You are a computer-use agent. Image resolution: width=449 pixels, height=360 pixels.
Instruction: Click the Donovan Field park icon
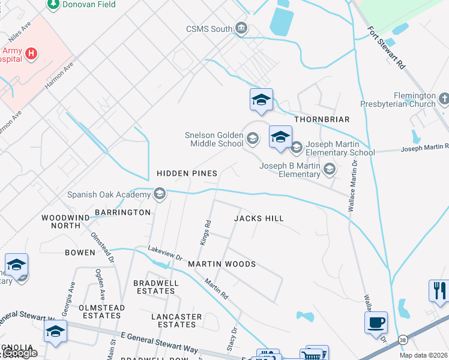tap(53, 4)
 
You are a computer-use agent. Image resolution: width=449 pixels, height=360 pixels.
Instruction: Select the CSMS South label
tap(209, 29)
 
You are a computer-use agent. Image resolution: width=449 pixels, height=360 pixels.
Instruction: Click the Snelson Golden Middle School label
tap(214, 140)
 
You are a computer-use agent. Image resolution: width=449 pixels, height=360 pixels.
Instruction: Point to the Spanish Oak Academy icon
tap(159, 194)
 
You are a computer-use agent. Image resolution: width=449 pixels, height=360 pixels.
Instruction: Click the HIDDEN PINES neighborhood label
tap(187, 173)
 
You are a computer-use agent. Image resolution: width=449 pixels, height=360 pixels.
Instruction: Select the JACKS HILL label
tap(258, 219)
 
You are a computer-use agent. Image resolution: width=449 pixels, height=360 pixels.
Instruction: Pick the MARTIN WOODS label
tap(221, 264)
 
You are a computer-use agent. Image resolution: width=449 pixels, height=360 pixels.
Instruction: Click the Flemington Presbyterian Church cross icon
tap(444, 98)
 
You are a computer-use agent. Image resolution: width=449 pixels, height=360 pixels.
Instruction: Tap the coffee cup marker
tap(376, 323)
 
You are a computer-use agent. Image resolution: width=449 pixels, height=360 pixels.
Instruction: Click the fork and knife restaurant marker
tap(439, 290)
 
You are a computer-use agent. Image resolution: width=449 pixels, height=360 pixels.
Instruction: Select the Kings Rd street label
tap(206, 232)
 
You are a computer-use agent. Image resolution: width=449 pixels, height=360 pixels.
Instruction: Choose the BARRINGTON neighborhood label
tap(122, 212)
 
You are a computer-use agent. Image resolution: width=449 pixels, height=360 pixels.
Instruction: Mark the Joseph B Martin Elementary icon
tap(329, 170)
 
